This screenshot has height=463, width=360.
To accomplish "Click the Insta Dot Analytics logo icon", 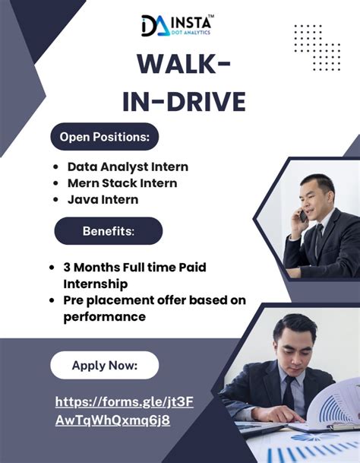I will click(x=153, y=26).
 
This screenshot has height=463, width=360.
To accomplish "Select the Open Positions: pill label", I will click(x=104, y=137).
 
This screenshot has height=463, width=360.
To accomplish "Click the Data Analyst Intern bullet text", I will click(x=128, y=166).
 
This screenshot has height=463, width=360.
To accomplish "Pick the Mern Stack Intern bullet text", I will click(x=122, y=183).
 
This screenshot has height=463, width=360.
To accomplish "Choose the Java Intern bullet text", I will click(x=103, y=200).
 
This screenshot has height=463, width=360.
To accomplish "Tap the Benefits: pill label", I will click(x=108, y=231).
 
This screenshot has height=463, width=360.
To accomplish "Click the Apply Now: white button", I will click(x=105, y=365).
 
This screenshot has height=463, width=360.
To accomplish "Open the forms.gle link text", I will click(x=125, y=411).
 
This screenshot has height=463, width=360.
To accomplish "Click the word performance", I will click(x=104, y=316).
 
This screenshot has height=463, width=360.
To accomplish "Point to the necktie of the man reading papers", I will click(x=289, y=392).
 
